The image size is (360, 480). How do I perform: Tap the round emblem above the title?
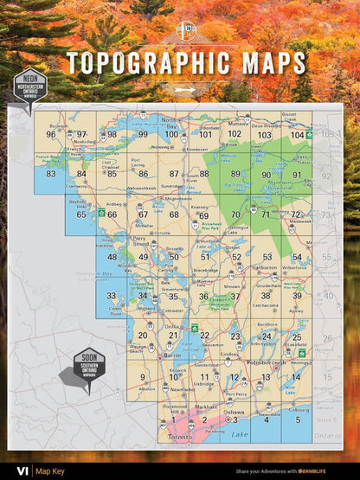pyautogui.click(x=185, y=32)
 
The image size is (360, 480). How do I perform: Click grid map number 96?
pyautogui.click(x=51, y=134)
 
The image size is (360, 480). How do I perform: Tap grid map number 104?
pyautogui.click(x=297, y=135)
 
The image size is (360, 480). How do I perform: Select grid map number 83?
pyautogui.click(x=51, y=174)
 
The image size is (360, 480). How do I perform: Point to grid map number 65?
pyautogui.click(x=81, y=214)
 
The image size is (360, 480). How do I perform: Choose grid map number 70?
pyautogui.click(x=235, y=214)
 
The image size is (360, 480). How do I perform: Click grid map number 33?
pyautogui.click(x=112, y=296)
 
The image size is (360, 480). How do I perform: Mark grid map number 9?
pyautogui.click(x=143, y=377)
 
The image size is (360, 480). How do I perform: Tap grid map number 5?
pyautogui.click(x=297, y=419)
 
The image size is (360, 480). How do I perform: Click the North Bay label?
pyautogui.click(x=170, y=122)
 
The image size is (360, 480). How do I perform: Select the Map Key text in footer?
pyautogui.click(x=49, y=470)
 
